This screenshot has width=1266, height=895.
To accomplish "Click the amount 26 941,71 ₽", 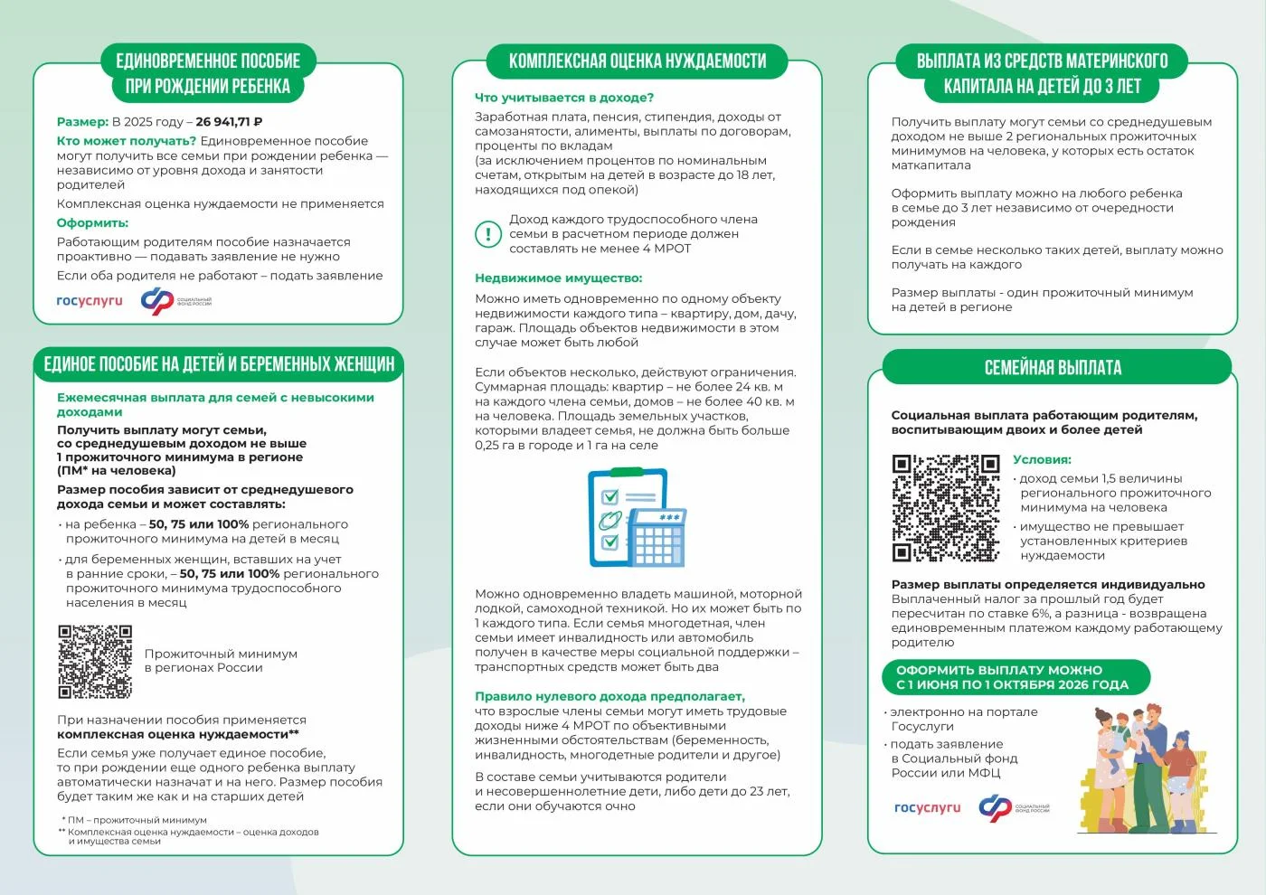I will point(229,122).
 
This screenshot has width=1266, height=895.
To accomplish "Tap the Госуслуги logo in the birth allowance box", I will point(89,301).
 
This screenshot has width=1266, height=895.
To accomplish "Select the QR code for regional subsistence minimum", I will point(95,662).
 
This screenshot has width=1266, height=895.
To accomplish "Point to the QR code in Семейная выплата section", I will point(946,508).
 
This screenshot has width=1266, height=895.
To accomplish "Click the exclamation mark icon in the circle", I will point(488,234).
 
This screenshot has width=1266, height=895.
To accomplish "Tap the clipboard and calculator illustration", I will point(637,518).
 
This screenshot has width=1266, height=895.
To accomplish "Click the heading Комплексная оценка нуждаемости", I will point(637,61).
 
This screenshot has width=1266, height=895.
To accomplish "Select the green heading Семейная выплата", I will point(1053,368).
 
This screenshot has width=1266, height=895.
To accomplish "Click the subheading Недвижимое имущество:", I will point(558,278).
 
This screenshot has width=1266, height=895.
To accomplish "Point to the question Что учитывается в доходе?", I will point(563,98).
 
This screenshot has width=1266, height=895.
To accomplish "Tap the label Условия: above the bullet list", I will point(1042,460).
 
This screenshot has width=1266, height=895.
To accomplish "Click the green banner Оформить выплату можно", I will point(1012,677).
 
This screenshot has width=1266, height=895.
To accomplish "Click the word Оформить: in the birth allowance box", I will point(92,223).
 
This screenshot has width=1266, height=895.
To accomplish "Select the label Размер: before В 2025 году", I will point(82,122).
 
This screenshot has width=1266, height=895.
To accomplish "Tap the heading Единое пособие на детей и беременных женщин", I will point(219,364).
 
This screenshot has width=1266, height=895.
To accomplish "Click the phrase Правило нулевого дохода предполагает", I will point(609,696).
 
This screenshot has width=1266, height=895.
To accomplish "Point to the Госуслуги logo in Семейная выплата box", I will point(927,808).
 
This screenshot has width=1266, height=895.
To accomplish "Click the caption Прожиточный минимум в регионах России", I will point(221,661).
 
